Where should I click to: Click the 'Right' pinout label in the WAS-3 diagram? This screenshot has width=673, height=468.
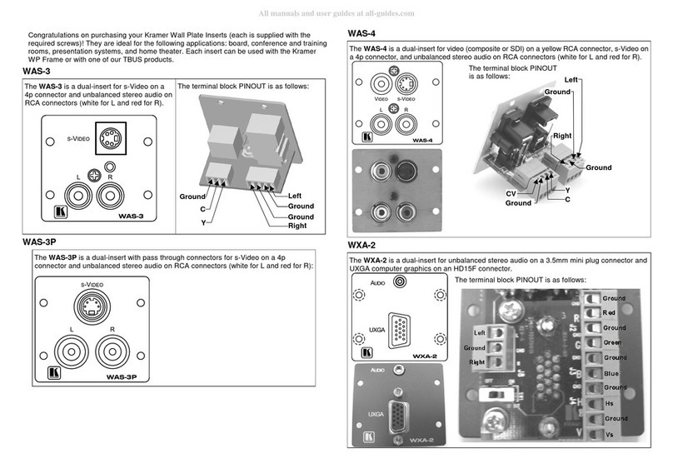coord(297,226)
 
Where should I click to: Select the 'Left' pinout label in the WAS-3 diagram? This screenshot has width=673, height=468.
coord(294,196)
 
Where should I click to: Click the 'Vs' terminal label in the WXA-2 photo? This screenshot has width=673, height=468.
coord(610,435)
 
